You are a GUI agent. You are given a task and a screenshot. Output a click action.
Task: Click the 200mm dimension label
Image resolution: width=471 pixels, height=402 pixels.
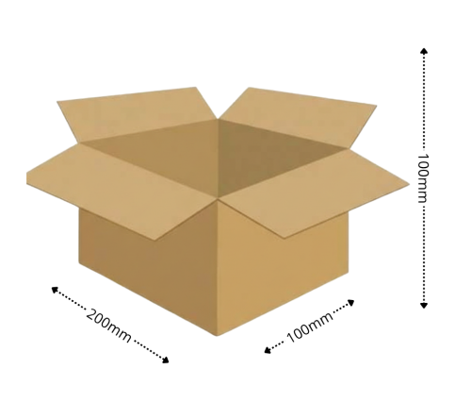click(108, 326)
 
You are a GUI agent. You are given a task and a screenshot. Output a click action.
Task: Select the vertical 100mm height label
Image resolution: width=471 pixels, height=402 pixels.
click(424, 178)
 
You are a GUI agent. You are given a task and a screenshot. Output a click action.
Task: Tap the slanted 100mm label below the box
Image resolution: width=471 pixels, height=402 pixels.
click(309, 327)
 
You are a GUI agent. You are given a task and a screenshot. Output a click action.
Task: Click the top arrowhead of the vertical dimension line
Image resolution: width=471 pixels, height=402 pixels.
click(424, 51)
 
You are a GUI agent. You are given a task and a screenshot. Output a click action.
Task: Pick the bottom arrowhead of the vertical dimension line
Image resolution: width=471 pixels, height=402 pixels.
click(424, 305)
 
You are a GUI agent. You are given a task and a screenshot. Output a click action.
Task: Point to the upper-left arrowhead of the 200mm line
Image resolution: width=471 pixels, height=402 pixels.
click(55, 290)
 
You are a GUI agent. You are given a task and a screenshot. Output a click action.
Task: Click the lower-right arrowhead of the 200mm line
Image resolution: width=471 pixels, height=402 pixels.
click(165, 360)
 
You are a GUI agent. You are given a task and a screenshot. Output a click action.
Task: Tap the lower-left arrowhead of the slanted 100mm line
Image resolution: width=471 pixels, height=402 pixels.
click(268, 350)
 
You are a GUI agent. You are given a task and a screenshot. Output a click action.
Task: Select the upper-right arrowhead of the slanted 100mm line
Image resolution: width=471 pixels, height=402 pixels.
click(350, 303)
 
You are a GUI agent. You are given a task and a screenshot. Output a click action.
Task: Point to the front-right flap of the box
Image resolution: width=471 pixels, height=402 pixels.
click(314, 192)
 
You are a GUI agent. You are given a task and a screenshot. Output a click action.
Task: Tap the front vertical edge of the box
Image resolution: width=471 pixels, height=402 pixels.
click(218, 267)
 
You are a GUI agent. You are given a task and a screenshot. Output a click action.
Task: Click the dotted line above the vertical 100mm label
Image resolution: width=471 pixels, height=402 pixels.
click(424, 102)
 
